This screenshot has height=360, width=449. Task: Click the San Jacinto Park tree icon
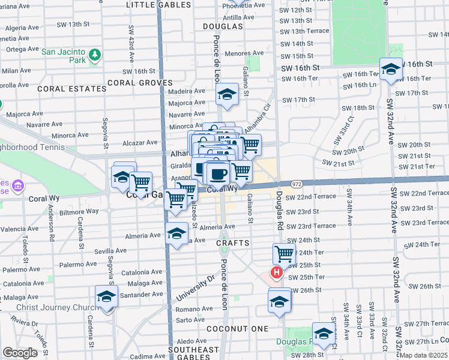94,56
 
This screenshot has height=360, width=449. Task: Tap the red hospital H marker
277,274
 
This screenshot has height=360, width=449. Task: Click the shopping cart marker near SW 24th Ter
284,253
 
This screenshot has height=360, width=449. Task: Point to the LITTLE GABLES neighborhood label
158,5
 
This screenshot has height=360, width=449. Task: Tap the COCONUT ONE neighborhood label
237,329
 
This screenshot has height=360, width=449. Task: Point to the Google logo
20,353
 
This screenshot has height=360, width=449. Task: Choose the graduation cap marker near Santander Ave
107,296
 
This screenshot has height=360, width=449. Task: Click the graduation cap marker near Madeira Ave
227,94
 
